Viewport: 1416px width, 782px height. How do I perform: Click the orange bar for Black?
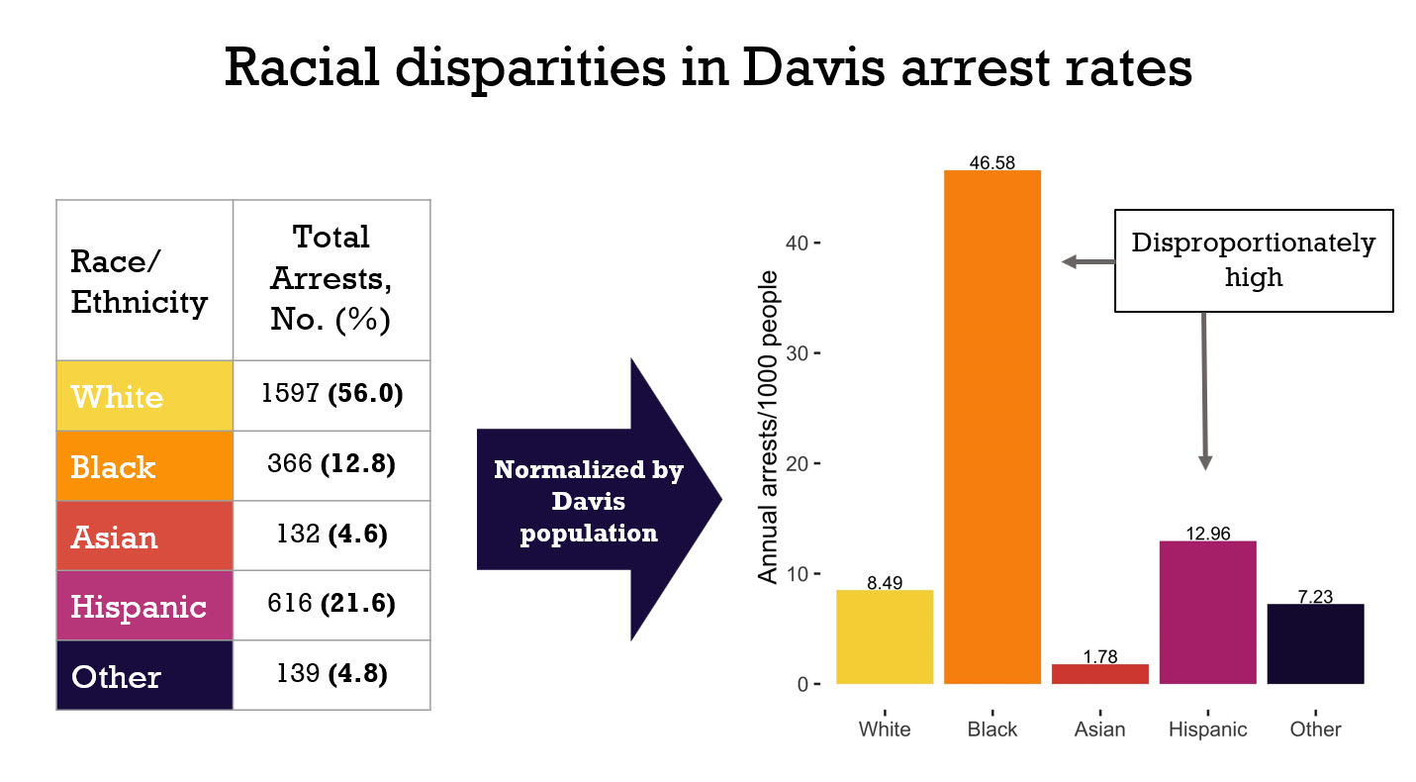991,427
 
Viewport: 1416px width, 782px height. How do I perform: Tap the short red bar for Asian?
1099,673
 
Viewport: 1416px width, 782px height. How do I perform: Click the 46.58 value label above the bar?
991,163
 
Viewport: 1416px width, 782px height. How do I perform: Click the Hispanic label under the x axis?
1207,730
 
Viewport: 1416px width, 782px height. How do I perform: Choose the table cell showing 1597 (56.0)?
331,395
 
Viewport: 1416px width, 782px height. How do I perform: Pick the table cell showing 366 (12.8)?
331,465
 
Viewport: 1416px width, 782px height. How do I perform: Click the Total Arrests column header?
331,279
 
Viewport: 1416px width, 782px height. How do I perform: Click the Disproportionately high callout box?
1254,260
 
